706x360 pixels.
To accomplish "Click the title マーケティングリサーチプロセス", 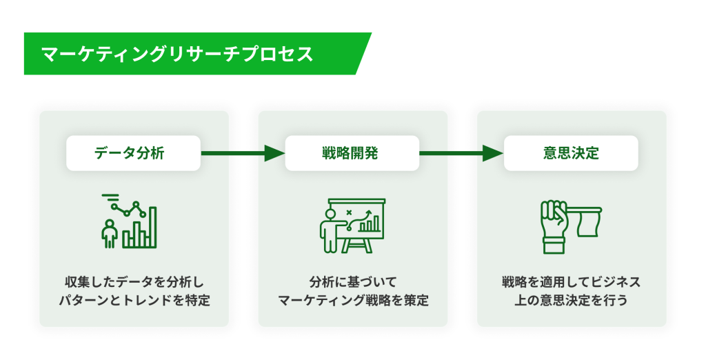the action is click(177, 54).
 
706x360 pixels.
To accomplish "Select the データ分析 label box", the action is click(133, 153).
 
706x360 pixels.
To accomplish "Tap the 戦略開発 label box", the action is click(352, 153).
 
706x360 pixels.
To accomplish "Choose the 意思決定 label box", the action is click(571, 153).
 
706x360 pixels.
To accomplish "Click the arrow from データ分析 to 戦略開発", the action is click(243, 153).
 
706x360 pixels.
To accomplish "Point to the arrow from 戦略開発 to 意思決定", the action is click(461, 153).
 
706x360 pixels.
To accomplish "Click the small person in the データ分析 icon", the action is click(110, 233).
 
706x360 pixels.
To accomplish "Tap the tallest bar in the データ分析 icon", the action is click(152, 227).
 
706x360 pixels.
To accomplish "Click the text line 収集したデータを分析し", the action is click(134, 283).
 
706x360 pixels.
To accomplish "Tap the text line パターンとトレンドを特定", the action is click(134, 300).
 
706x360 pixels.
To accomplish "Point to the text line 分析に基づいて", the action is click(353, 283).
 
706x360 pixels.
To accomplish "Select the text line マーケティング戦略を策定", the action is click(353, 300).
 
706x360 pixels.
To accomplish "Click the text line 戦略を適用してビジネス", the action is click(572, 283).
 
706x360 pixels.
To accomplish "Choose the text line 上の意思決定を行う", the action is click(572, 300).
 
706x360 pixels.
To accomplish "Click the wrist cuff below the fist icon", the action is click(554, 248).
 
